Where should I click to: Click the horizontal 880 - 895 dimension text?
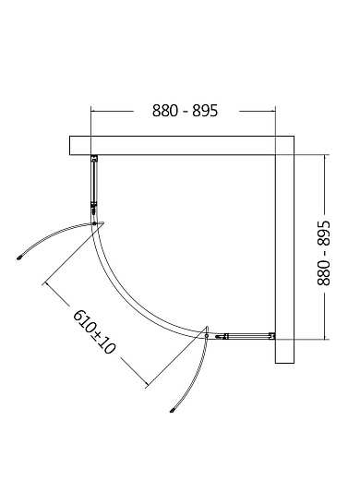point(185,111)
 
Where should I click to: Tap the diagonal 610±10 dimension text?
point(94,341)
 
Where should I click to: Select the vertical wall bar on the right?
point(284,249)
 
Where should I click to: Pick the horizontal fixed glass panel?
point(245,337)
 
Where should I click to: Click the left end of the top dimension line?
point(90,111)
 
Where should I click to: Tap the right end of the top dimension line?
point(276,111)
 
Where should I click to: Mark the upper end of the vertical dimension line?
point(324,156)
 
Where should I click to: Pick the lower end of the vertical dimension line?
point(324,339)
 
